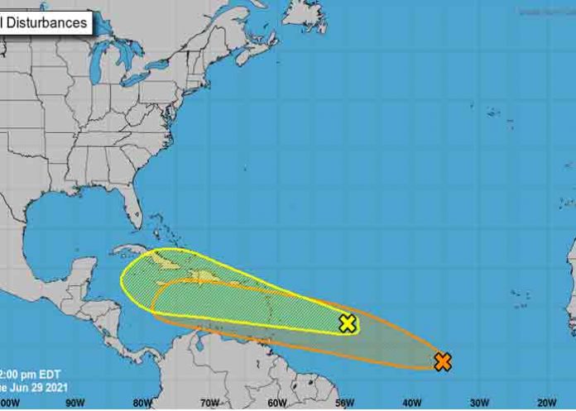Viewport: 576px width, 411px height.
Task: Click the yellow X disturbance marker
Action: pos(348,323)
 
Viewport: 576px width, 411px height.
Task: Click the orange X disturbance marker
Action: pos(443,361)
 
